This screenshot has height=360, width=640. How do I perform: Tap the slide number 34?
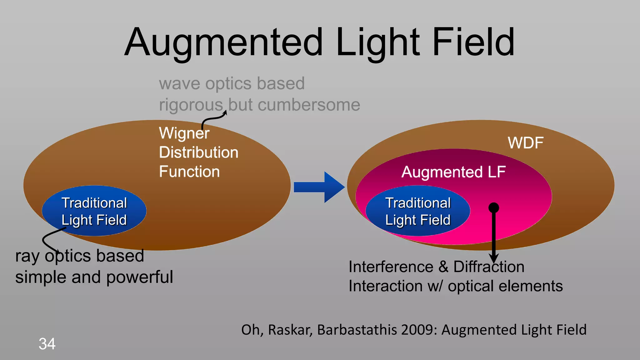pyautogui.click(x=47, y=344)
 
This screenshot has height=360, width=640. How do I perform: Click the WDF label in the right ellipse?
pyautogui.click(x=526, y=143)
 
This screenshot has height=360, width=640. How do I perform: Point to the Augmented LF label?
pyautogui.click(x=453, y=172)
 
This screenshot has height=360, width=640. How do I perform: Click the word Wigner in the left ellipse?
pyautogui.click(x=184, y=133)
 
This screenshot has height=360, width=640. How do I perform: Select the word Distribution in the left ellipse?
pyautogui.click(x=198, y=152)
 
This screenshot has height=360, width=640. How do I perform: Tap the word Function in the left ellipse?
pyautogui.click(x=189, y=172)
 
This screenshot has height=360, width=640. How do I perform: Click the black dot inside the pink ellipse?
pyautogui.click(x=494, y=208)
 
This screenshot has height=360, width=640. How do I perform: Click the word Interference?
pyautogui.click(x=391, y=267)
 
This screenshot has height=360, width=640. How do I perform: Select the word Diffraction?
pyautogui.click(x=489, y=267)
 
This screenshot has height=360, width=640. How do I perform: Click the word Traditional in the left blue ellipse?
pyautogui.click(x=94, y=203)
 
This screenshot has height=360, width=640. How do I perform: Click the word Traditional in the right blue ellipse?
pyautogui.click(x=418, y=203)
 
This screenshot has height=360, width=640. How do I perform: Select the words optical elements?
pyautogui.click(x=505, y=286)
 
